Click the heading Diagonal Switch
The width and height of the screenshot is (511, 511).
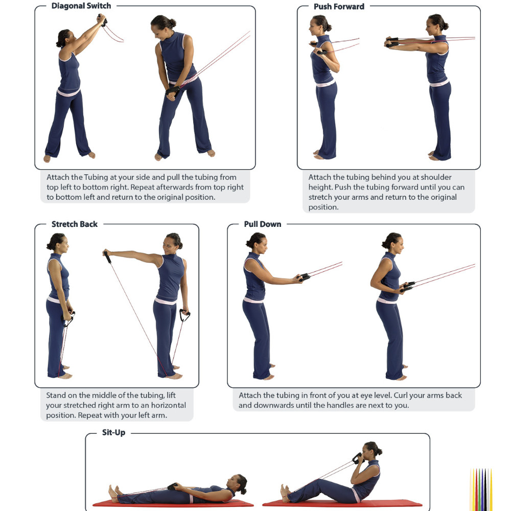(x=81, y=6)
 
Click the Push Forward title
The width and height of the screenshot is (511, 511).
(x=339, y=7)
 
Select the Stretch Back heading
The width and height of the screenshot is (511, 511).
(x=75, y=224)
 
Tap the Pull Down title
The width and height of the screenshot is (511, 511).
(x=263, y=224)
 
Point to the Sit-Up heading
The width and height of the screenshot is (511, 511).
(x=114, y=432)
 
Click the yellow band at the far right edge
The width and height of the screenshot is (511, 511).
(x=491, y=490)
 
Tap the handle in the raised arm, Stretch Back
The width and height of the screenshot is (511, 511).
(x=107, y=257)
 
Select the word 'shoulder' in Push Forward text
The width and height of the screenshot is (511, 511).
(x=436, y=177)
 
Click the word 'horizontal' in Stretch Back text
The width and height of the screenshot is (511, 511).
(x=169, y=405)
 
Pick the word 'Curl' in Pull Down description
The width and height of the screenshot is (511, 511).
(x=401, y=396)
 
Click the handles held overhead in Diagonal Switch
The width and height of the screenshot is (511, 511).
(x=102, y=19)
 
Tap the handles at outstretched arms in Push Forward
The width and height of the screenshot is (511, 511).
(x=391, y=42)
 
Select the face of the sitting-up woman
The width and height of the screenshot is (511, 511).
(x=368, y=452)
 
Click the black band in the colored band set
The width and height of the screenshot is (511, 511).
(x=485, y=490)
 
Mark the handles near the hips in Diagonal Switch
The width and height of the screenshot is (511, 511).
(x=172, y=91)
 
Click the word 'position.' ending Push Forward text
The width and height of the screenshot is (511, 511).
(x=323, y=207)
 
